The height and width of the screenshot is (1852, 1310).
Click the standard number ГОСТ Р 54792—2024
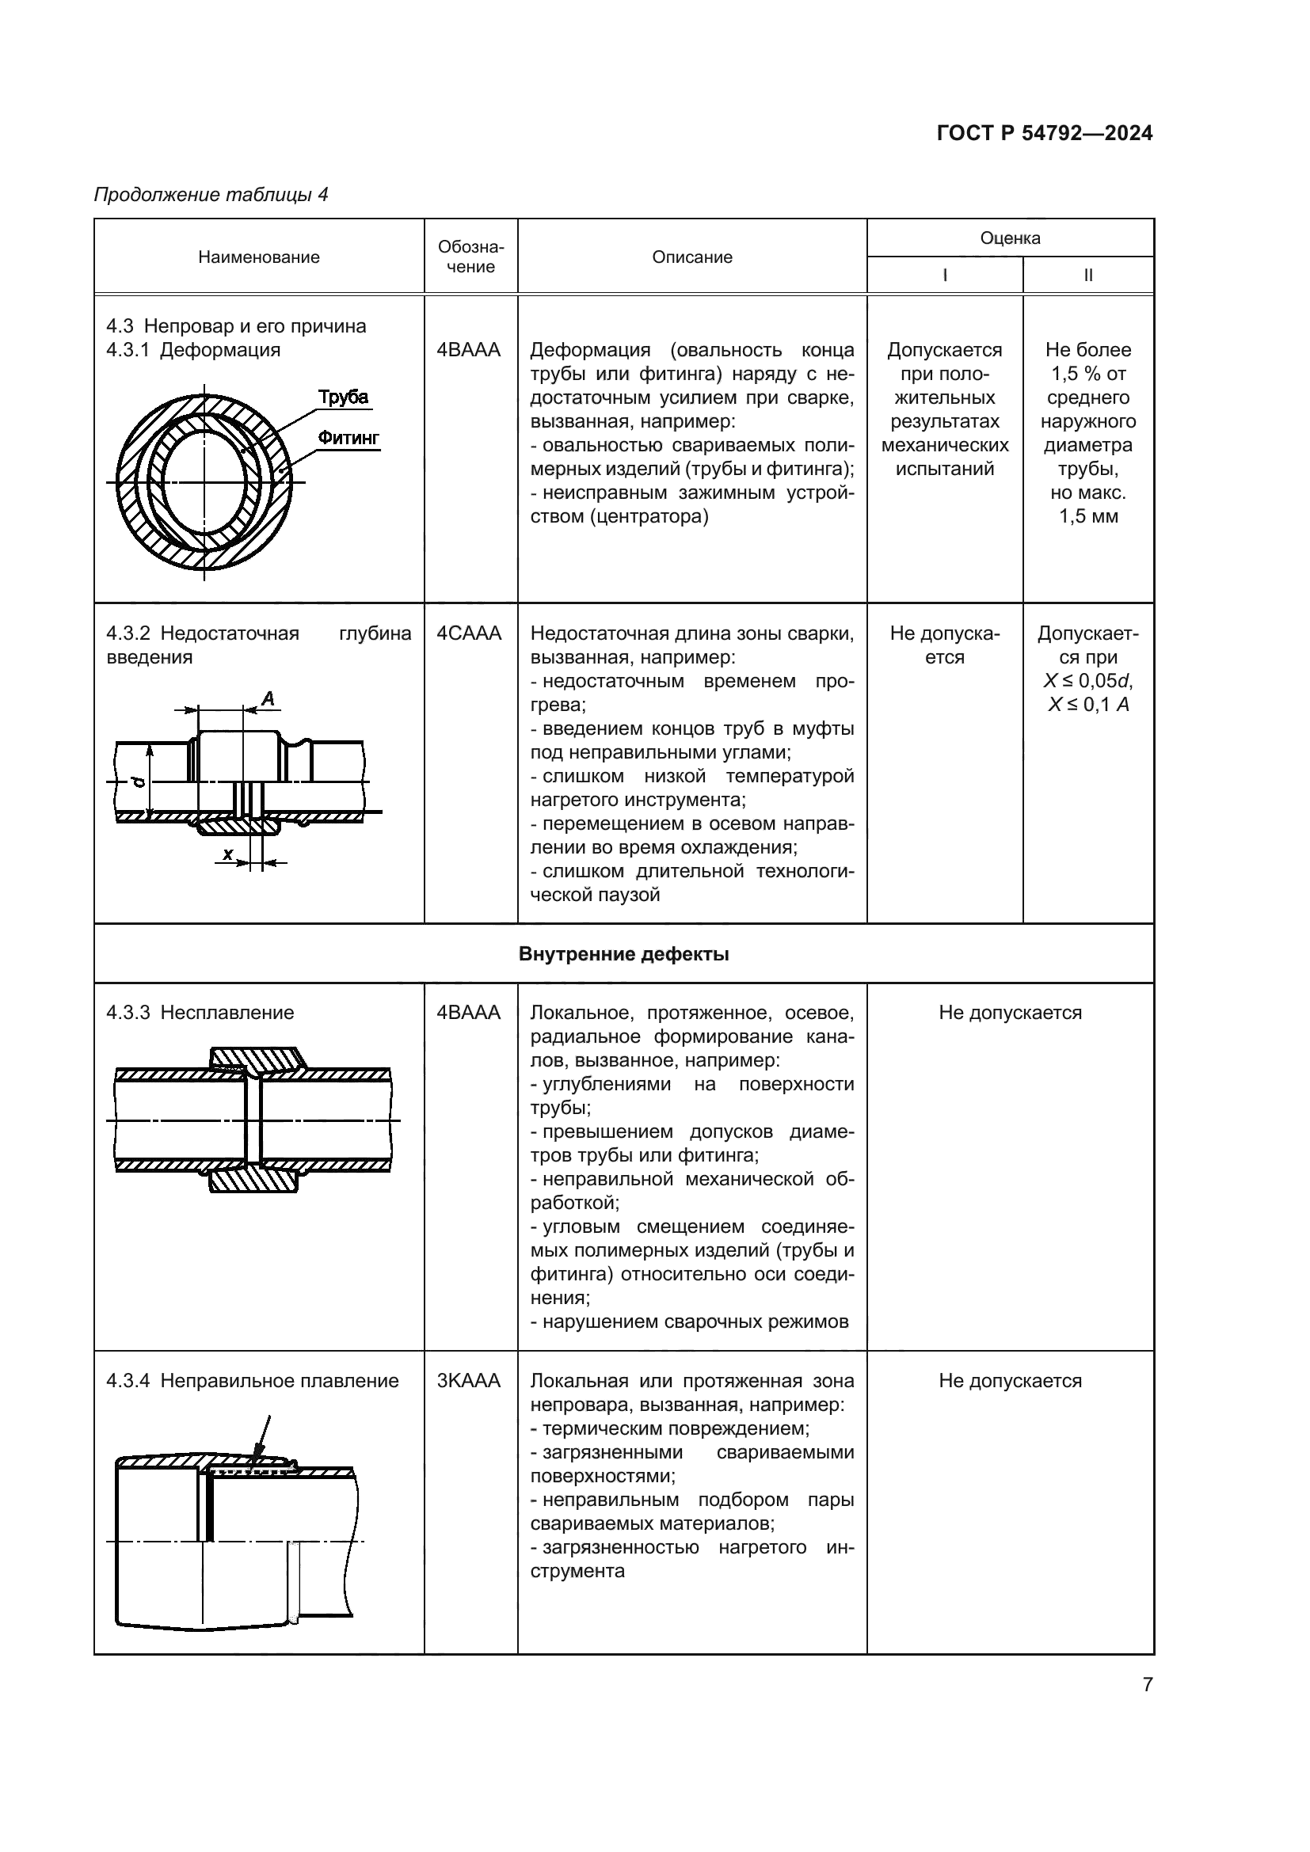pyautogui.click(x=1045, y=133)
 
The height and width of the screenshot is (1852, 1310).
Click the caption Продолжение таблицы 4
pyautogui.click(x=211, y=195)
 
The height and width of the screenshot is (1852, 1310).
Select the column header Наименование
pyautogui.click(x=259, y=257)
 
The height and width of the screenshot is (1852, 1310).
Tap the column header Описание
pyautogui.click(x=692, y=257)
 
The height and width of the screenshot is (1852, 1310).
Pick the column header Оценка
pyautogui.click(x=1010, y=238)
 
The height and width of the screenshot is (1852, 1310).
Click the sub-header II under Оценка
pyautogui.click(x=1088, y=275)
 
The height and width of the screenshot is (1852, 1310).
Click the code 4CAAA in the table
pyautogui.click(x=469, y=633)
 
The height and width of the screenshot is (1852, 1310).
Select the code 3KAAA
pyautogui.click(x=469, y=1380)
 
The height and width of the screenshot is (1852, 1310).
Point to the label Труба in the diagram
pyautogui.click(x=343, y=397)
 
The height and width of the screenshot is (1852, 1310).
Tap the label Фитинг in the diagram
pyautogui.click(x=348, y=438)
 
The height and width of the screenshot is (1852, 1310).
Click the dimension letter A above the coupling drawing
pyautogui.click(x=268, y=698)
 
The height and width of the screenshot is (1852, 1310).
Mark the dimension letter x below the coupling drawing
pyautogui.click(x=228, y=854)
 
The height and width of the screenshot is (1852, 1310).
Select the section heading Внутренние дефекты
pyautogui.click(x=623, y=954)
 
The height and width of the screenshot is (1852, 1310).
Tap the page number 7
pyautogui.click(x=1147, y=1684)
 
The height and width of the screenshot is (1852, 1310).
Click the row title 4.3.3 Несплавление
pyautogui.click(x=200, y=1013)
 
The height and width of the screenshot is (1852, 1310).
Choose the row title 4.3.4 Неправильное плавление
pyautogui.click(x=253, y=1380)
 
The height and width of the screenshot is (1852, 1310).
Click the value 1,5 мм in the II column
pyautogui.click(x=1088, y=516)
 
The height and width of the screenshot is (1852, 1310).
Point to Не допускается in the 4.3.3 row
pyautogui.click(x=1010, y=1013)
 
